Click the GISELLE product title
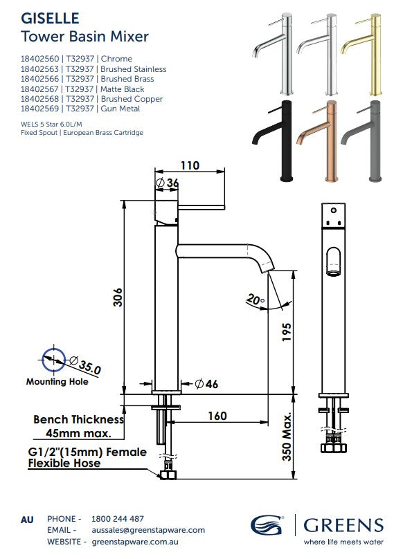[x=50, y=17]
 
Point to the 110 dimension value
[x=190, y=165]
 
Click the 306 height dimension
[x=117, y=297]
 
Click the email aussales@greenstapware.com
[x=148, y=530]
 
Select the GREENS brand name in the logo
[x=343, y=524]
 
